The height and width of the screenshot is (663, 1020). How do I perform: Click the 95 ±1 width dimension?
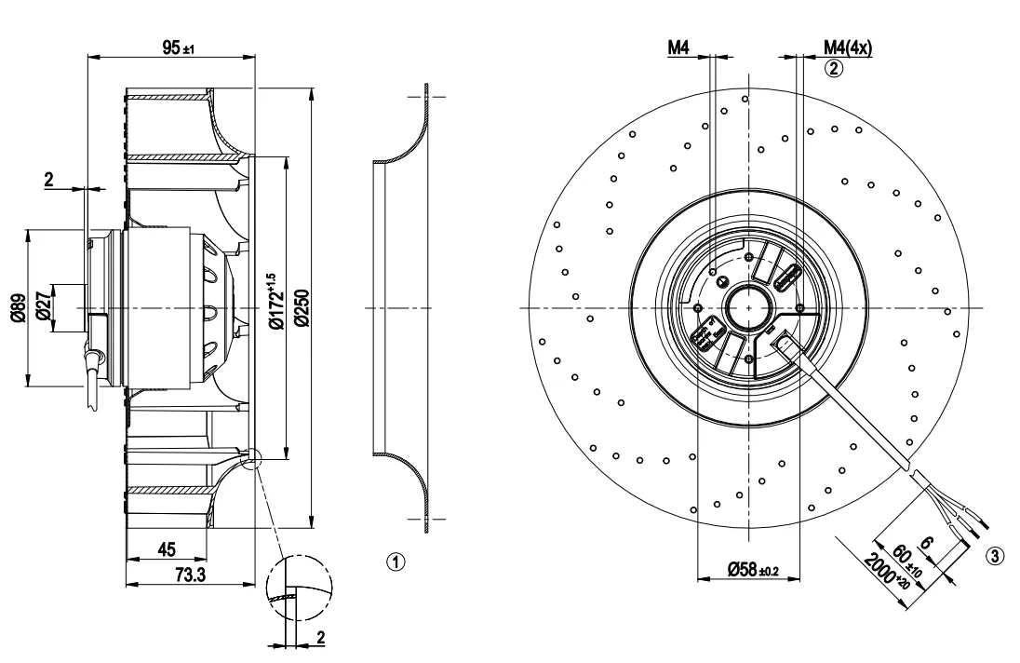point(179,47)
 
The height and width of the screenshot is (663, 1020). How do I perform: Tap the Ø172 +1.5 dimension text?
point(275,301)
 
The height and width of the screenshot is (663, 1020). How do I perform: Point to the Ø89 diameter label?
point(19,307)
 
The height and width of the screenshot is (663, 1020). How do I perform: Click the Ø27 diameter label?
point(42,305)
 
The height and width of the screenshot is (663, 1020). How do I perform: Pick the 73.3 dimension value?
point(191,575)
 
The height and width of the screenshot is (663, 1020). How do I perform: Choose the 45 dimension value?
point(168,549)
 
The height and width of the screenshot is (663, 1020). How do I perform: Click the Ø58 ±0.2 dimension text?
point(753,570)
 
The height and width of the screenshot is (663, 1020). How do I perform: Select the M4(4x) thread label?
point(848,47)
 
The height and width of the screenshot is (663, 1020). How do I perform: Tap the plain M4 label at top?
point(678,47)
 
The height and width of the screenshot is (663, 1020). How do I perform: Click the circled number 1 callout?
point(396,562)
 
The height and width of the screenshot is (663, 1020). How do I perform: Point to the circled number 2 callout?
point(833,68)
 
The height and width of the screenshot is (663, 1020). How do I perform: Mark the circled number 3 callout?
point(994,556)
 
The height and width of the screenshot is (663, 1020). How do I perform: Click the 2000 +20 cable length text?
point(886,572)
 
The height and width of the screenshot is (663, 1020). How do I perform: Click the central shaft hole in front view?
point(749,307)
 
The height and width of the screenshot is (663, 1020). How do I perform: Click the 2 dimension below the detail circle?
point(321,637)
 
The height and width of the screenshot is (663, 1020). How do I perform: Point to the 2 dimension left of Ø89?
point(49,179)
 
